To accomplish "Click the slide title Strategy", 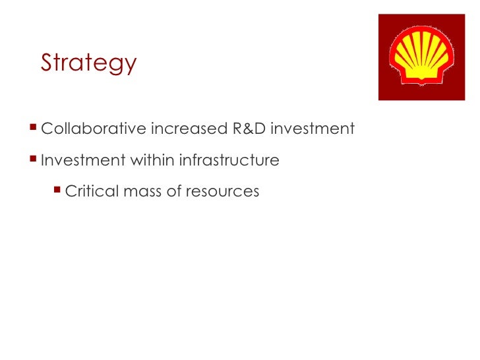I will point(88,63).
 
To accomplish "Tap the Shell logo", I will point(421,57).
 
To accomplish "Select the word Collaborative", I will point(93,129).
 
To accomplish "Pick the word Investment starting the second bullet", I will point(77,160).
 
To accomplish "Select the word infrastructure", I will point(225,160).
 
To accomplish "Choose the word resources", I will point(222,192).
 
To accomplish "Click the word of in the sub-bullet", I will point(174,192).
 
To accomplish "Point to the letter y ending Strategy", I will point(130,66).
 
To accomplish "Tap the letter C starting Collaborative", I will point(46,129).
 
